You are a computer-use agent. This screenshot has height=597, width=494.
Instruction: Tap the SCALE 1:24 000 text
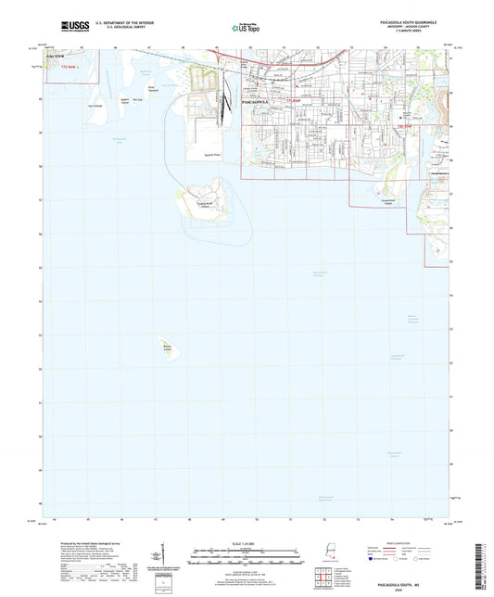[247, 543]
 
